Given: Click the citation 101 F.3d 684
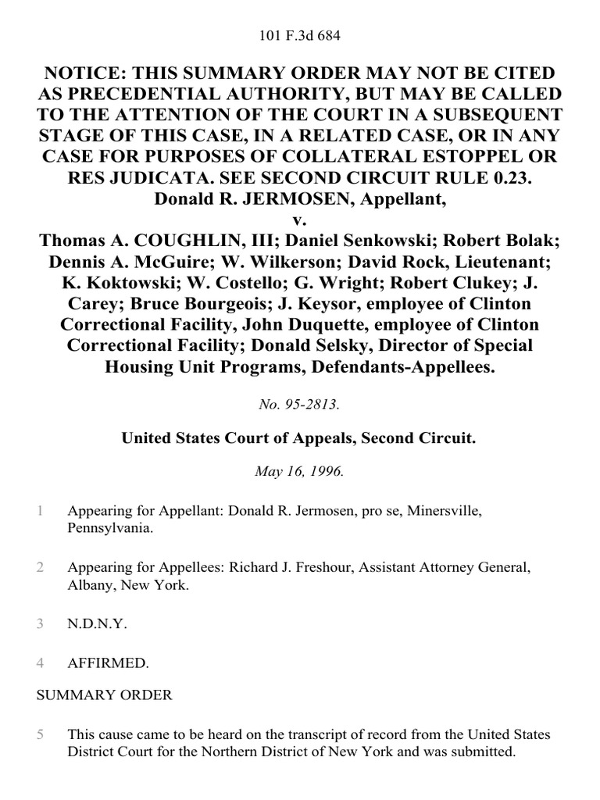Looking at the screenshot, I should point(300,35).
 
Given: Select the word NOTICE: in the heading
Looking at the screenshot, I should point(86,73).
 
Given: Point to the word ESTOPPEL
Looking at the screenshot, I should point(476,155).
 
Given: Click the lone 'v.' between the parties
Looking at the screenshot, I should point(300,218).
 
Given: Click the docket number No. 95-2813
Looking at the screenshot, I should point(300,405).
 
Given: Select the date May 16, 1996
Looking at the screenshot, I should point(300,472).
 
